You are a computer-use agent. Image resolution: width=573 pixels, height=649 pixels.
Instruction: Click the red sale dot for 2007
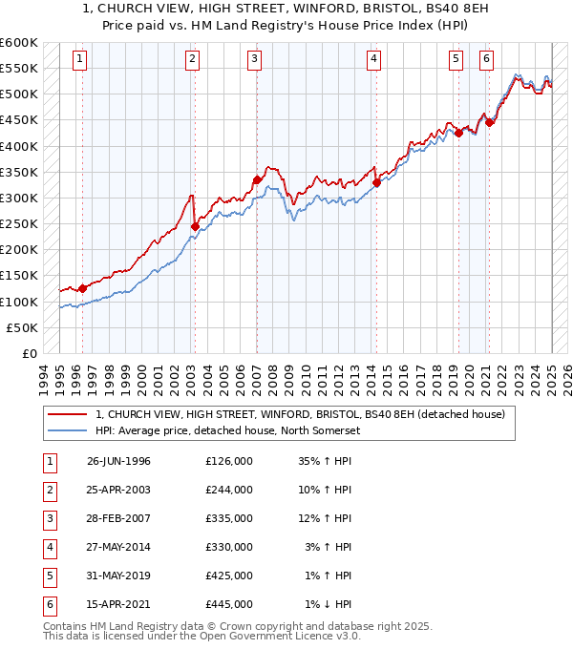click(257, 179)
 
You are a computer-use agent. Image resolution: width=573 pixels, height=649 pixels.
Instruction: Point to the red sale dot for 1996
click(82, 288)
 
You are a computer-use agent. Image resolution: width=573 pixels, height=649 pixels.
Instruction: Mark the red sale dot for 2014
click(376, 182)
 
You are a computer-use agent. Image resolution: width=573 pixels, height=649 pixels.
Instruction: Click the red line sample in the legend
click(69, 415)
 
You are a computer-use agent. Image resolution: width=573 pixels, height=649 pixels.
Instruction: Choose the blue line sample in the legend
click(69, 430)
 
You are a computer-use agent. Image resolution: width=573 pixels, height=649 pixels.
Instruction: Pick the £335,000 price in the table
click(228, 518)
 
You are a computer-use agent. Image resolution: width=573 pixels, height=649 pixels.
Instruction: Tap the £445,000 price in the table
click(228, 604)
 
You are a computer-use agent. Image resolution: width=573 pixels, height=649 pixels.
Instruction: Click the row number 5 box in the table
click(49, 576)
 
